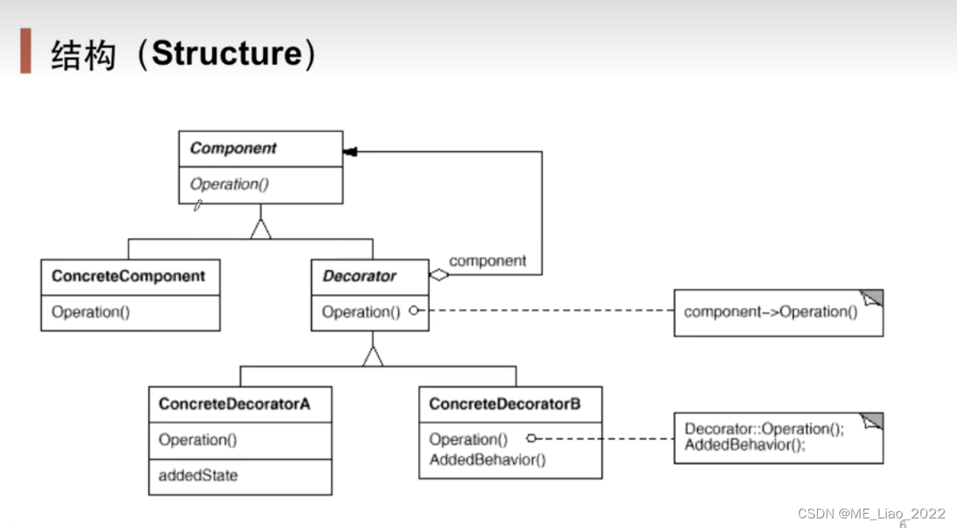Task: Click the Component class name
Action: (x=233, y=149)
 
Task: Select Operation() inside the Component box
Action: (x=229, y=185)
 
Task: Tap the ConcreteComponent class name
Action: (x=129, y=276)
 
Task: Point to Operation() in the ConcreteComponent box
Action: (x=90, y=312)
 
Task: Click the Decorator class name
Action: (x=359, y=276)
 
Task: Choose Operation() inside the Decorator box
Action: (x=361, y=312)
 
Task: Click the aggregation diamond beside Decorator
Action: (x=439, y=275)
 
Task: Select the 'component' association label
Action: (x=488, y=260)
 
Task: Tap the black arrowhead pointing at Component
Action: (x=349, y=152)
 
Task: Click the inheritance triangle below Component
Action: (x=261, y=229)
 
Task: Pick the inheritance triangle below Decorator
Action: (x=373, y=356)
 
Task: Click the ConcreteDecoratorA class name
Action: (x=234, y=404)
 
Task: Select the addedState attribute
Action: (x=197, y=475)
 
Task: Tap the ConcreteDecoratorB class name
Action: (x=504, y=404)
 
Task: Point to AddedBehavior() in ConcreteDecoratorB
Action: (x=487, y=460)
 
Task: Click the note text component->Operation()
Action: (x=771, y=312)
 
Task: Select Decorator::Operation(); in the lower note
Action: (x=764, y=429)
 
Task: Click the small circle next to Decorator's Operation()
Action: (x=414, y=311)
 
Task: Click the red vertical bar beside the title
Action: (x=26, y=50)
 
